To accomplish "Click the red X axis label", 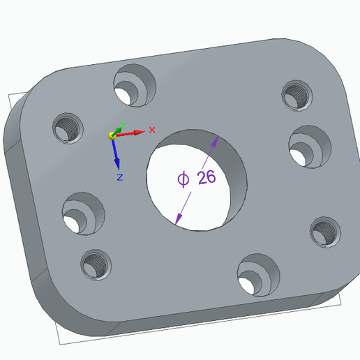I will (152, 130).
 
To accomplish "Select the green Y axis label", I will (121, 126).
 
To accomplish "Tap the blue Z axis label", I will (119, 178).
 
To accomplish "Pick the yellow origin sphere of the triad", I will (112, 135).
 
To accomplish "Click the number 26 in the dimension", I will (207, 177).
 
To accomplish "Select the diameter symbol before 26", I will (183, 179).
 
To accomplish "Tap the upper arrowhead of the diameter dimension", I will (215, 140).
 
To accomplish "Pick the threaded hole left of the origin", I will (68, 128).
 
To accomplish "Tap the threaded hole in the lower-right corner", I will (324, 232).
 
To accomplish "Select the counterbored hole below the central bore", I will (257, 274).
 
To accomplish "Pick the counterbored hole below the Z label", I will (82, 213).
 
